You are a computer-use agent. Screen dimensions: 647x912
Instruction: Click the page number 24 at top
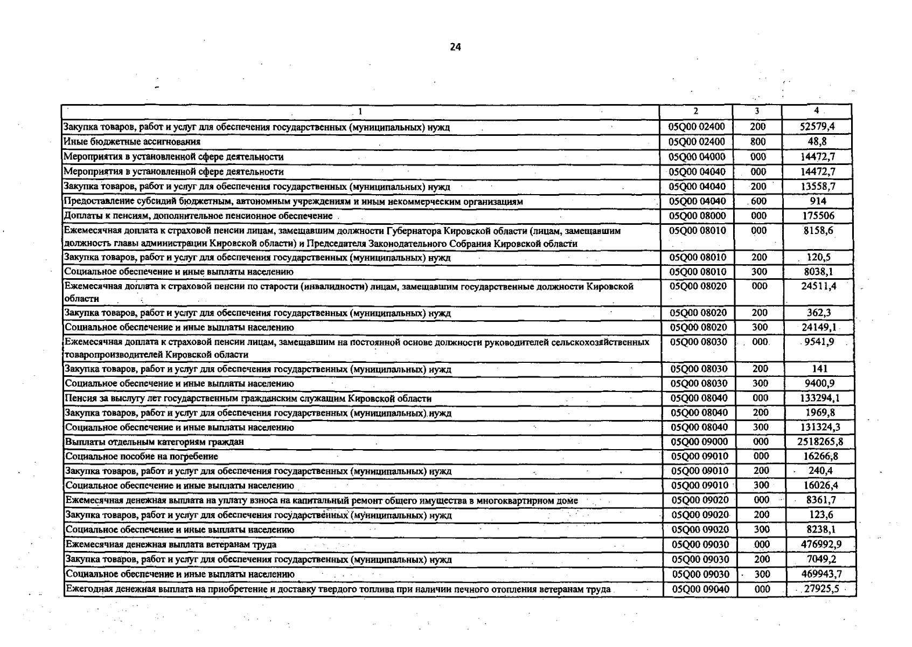tap(455, 47)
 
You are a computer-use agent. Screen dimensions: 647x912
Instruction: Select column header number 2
tap(696, 111)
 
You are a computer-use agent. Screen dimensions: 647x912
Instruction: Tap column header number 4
tap(817, 111)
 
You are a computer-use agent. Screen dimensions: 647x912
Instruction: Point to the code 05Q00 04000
tap(697, 156)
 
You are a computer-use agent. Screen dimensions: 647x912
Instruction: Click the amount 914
tap(817, 201)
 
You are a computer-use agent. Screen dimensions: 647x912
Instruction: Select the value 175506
tap(817, 216)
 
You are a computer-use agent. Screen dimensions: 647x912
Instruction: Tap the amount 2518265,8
tap(820, 442)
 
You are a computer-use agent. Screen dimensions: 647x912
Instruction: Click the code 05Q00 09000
tap(699, 442)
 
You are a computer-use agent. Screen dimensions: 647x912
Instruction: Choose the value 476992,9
tap(820, 544)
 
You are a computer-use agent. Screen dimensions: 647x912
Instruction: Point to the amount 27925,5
tap(821, 589)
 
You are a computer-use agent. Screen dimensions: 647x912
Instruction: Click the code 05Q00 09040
tap(700, 589)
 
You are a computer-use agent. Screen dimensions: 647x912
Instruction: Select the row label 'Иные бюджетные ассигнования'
tap(132, 142)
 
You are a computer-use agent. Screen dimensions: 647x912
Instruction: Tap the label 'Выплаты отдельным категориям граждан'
tap(155, 442)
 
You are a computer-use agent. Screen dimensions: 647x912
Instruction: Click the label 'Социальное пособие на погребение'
tap(142, 457)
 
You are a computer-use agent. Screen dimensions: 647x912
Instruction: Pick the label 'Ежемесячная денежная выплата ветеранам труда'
tap(171, 545)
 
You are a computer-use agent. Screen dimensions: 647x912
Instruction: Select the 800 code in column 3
tap(757, 141)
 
